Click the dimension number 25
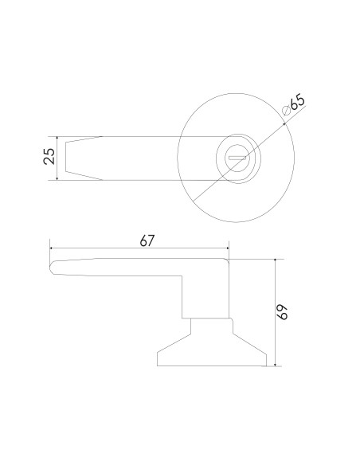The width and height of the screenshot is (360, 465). click(x=49, y=156)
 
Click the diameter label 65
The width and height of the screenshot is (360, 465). click(x=297, y=101)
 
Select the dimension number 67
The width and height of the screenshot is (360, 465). click(x=147, y=240)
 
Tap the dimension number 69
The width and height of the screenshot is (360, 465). click(x=284, y=312)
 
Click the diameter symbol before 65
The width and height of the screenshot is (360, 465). click(x=287, y=111)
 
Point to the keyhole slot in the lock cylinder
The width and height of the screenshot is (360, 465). click(x=237, y=158)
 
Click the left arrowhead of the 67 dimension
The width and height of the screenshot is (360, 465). click(x=52, y=248)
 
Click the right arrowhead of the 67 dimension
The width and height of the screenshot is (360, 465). click(x=227, y=248)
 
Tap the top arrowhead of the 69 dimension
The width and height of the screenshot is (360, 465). click(x=276, y=260)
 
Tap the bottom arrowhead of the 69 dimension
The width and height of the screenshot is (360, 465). click(x=276, y=364)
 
